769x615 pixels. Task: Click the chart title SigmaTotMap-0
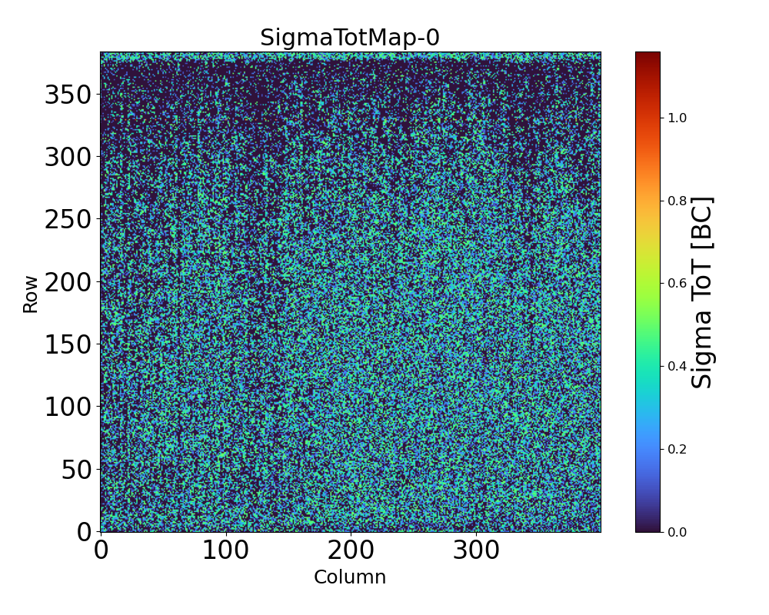pyautogui.click(x=350, y=38)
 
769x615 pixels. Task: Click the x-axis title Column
pyautogui.click(x=350, y=577)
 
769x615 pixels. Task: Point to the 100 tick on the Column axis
pyautogui.click(x=225, y=550)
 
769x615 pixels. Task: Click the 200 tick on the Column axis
pyautogui.click(x=351, y=550)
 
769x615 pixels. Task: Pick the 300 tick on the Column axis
pyautogui.click(x=476, y=550)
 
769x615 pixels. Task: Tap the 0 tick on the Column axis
pyautogui.click(x=101, y=550)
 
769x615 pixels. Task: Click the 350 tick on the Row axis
pyautogui.click(x=68, y=95)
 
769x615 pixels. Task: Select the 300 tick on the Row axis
pyautogui.click(x=68, y=158)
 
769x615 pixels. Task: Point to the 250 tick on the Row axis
pyautogui.click(x=68, y=220)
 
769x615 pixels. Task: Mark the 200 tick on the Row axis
pyautogui.click(x=68, y=282)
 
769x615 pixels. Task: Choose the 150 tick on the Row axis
pyautogui.click(x=68, y=344)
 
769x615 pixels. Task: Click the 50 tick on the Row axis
pyautogui.click(x=77, y=469)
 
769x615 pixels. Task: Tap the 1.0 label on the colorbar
pyautogui.click(x=677, y=118)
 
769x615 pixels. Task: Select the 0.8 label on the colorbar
pyautogui.click(x=677, y=201)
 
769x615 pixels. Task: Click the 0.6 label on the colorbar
pyautogui.click(x=677, y=283)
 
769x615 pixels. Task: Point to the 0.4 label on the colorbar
pyautogui.click(x=677, y=366)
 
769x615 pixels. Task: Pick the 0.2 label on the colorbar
pyautogui.click(x=677, y=449)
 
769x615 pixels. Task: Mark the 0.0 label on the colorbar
pyautogui.click(x=677, y=531)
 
